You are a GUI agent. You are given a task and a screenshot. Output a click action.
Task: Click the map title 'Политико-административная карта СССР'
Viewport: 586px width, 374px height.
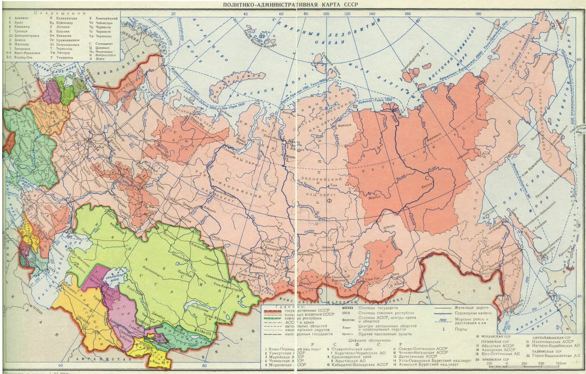(x=290, y=4)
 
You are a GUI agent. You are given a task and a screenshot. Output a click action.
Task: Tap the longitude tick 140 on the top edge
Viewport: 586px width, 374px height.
(x=372, y=14)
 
